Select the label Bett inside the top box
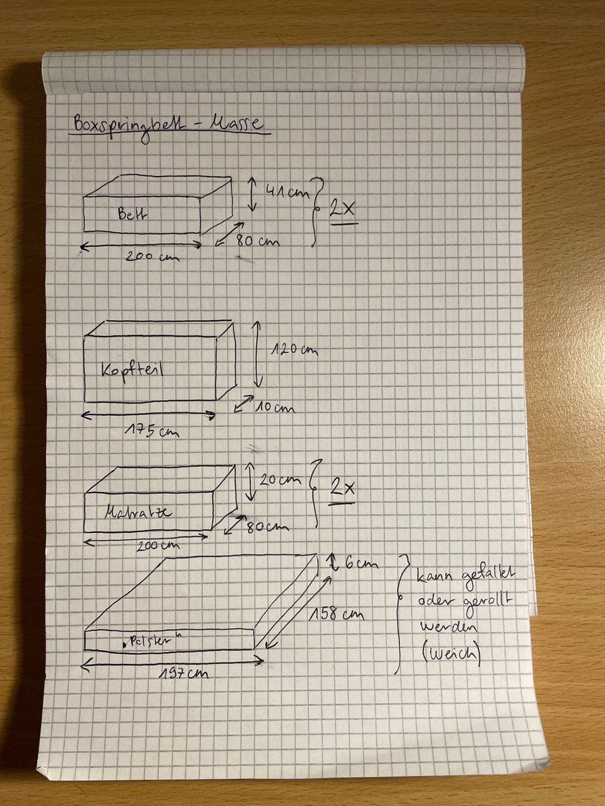pos(133,214)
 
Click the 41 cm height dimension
pos(287,191)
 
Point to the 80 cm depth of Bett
pos(257,241)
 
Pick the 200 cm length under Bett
pos(152,256)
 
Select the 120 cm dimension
pos(294,350)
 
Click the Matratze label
pos(138,513)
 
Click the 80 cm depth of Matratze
pos(267,527)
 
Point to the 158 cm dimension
pos(336,614)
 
